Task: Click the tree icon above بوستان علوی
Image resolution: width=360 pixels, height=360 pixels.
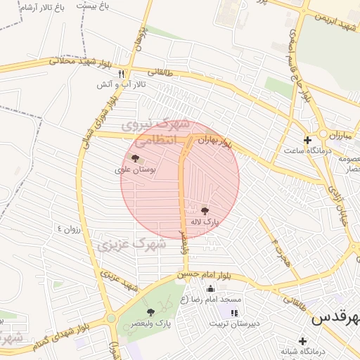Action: click(136, 158)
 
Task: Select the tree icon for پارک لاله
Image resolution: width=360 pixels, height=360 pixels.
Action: click(205, 210)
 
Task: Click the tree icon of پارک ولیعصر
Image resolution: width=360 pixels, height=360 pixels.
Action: click(150, 311)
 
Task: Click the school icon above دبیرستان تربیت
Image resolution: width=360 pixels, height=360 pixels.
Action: click(234, 312)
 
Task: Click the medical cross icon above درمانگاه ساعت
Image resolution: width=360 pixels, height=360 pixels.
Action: click(307, 139)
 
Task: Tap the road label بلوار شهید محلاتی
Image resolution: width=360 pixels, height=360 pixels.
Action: click(80, 62)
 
